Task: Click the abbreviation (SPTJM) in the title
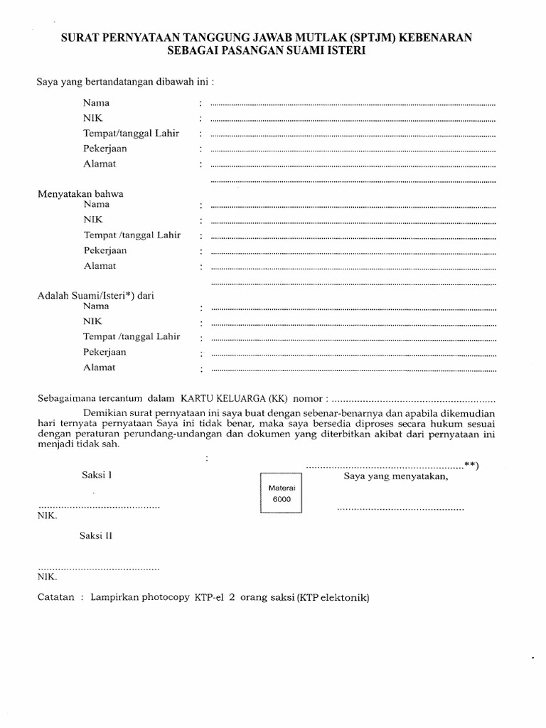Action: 370,38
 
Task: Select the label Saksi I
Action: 91,476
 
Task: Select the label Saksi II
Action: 94,535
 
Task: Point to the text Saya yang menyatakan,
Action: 396,476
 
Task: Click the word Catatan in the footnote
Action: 55,598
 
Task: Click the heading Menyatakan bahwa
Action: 82,193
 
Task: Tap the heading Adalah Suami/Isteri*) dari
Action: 95,295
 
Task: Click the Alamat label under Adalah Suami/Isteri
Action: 99,368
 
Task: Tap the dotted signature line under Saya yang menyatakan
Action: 400,509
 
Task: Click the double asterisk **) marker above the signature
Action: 471,465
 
